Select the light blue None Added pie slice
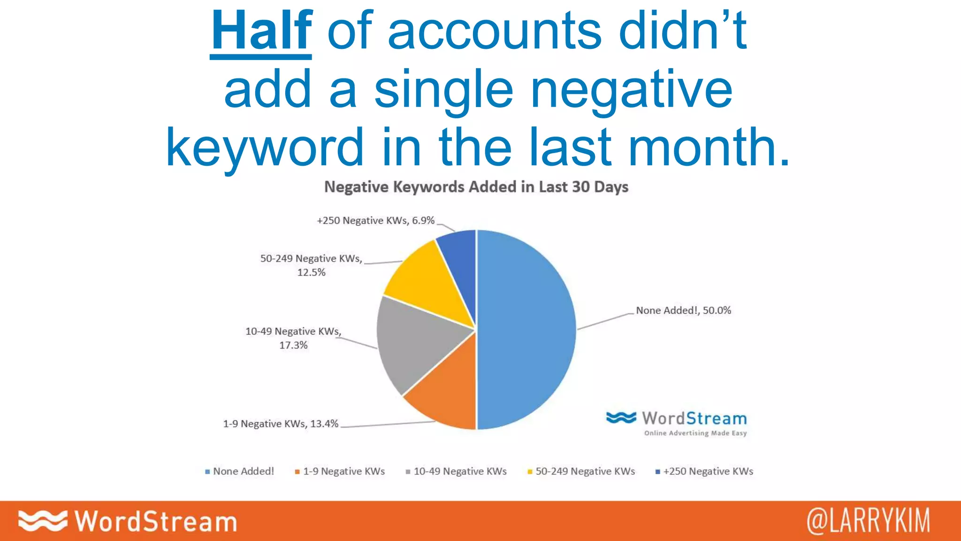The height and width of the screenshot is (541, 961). point(526,329)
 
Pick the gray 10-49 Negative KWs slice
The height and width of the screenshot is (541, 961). point(413,343)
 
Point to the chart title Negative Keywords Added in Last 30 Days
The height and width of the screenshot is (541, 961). point(476,187)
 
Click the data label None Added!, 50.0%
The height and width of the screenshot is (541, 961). point(683,310)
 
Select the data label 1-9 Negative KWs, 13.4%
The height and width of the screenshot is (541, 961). point(281,424)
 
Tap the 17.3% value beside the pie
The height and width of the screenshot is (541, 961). point(293,346)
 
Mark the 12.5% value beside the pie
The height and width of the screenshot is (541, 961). point(311,273)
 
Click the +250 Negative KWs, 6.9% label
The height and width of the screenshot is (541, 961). point(375,221)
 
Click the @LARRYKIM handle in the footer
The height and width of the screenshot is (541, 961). point(868,521)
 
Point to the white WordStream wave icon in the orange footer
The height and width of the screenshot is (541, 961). point(42,521)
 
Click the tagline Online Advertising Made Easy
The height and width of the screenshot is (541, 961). point(695,433)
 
